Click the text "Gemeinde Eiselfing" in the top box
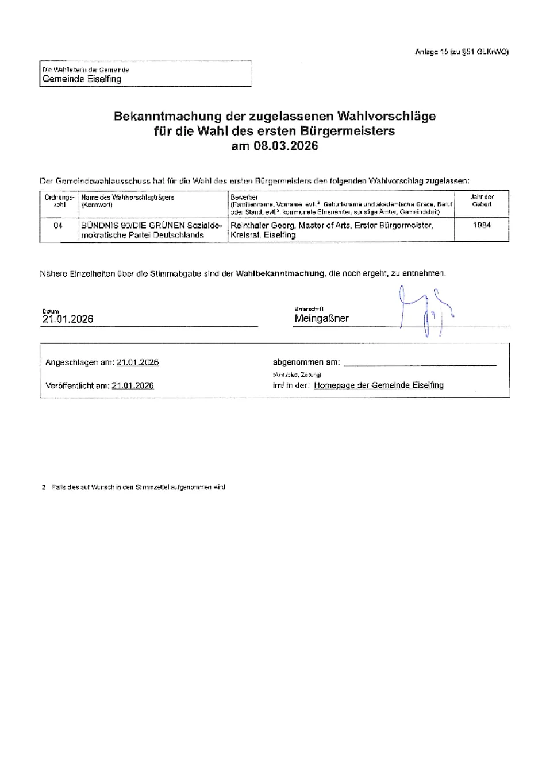[x=82, y=79]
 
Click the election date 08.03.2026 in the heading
[x=285, y=146]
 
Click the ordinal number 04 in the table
[x=58, y=226]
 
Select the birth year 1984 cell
[x=482, y=226]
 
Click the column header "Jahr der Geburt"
[x=482, y=200]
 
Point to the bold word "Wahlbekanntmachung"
[x=280, y=273]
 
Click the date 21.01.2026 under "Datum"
[x=68, y=319]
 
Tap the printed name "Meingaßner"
[x=321, y=318]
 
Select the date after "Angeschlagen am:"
[x=137, y=362]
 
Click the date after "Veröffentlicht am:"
[x=133, y=385]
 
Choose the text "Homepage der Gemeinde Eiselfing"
[x=378, y=385]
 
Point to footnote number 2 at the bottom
[x=43, y=487]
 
